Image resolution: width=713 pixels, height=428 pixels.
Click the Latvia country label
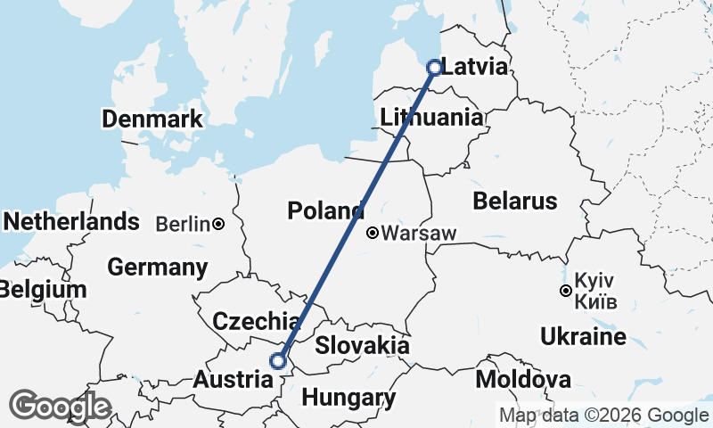475,68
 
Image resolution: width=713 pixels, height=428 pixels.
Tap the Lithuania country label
431,118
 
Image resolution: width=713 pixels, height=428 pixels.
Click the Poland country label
325,211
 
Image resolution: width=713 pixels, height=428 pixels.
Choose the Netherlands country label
71,221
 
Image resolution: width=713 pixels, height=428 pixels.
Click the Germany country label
157,267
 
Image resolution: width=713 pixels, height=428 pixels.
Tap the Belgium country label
44,290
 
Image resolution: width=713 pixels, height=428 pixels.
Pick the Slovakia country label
362,346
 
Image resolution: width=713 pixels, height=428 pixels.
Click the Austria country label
233,379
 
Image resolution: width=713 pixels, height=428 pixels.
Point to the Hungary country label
348,397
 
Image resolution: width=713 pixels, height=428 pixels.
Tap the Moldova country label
523,380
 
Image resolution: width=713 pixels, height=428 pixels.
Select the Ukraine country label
583,337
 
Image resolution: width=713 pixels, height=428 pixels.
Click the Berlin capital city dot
217,224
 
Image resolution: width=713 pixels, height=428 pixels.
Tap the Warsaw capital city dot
373,234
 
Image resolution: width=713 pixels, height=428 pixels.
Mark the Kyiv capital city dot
565,291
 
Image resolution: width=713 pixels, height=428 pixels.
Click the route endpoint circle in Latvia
434,67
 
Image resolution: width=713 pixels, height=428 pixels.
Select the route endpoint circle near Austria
279,361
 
